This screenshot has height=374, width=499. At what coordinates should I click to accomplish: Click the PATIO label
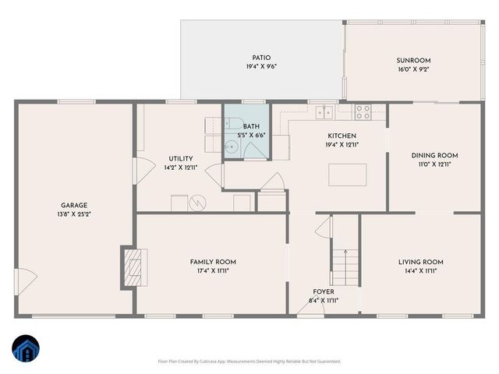[x=261, y=57]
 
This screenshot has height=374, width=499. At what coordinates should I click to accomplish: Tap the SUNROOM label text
[x=414, y=60]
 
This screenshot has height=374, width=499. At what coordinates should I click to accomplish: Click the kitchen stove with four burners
[x=363, y=112]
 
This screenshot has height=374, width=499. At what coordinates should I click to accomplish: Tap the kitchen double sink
[x=327, y=113]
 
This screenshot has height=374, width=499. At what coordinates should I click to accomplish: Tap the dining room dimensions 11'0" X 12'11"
[x=434, y=164]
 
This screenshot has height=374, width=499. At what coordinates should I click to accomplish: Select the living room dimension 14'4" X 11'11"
[x=421, y=271]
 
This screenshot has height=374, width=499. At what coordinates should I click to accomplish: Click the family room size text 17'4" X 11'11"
[x=213, y=271]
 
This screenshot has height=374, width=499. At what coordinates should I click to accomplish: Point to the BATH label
[x=251, y=126]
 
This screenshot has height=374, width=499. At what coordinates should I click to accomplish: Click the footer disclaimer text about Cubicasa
[x=249, y=362]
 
